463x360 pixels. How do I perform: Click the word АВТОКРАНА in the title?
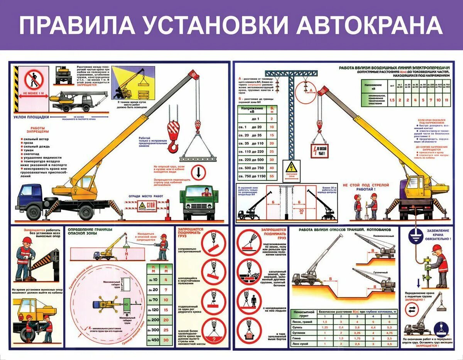[x=370, y=25]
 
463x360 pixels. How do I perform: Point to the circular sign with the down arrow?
[x=198, y=172]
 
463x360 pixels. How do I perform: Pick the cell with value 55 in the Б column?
[x=272, y=177]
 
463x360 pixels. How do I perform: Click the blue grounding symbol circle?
[x=414, y=238]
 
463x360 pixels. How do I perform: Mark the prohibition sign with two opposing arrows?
[x=411, y=310]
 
